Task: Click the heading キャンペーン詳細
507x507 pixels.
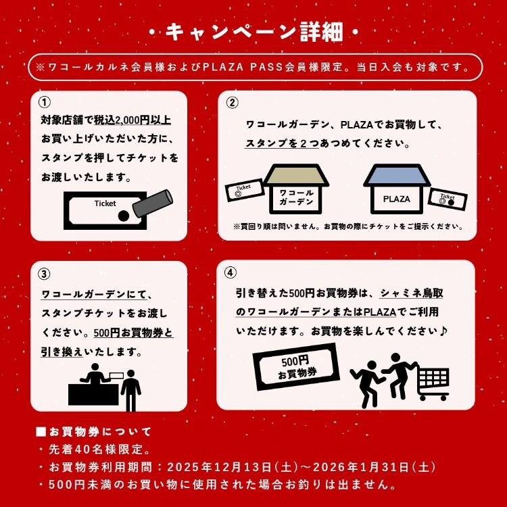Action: (x=254, y=32)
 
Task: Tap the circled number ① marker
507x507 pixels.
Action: (x=45, y=103)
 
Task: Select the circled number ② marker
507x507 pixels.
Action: (x=232, y=103)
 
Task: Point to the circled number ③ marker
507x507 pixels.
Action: (x=44, y=274)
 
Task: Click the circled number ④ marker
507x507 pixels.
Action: (x=231, y=272)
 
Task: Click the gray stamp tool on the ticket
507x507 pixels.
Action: (x=153, y=203)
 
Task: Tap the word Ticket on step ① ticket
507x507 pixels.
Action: (x=105, y=203)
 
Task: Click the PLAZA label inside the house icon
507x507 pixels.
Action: (x=396, y=199)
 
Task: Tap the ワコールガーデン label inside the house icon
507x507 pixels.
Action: (x=296, y=197)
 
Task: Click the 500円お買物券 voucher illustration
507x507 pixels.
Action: (x=296, y=366)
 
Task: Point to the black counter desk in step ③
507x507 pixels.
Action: (x=93, y=395)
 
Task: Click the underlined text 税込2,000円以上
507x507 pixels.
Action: (x=132, y=120)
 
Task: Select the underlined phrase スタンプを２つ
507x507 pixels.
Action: (x=281, y=143)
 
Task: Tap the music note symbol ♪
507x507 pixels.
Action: (x=443, y=331)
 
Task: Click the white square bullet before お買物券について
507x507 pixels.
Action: (x=41, y=432)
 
